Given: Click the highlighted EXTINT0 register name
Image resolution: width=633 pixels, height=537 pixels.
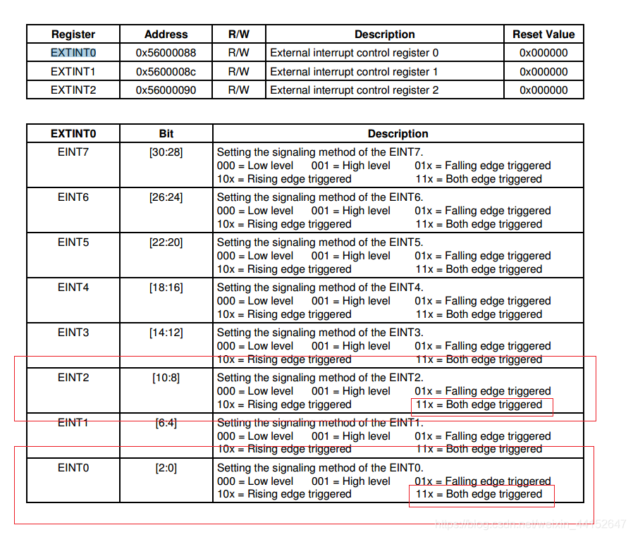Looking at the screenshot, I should (x=73, y=53).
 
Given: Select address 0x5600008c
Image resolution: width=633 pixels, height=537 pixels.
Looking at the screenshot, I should (x=166, y=71).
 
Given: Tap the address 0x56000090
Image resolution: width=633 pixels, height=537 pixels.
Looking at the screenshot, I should (x=166, y=90).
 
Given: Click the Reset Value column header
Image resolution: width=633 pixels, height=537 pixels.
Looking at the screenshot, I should (x=543, y=34).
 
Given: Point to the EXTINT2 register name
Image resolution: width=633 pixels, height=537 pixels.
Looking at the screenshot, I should (x=73, y=90).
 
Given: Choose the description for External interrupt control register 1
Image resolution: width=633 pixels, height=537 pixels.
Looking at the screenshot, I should (x=354, y=71).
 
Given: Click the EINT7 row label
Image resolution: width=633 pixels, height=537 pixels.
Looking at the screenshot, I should (x=73, y=152).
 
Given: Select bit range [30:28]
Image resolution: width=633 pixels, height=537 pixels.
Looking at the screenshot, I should (x=166, y=152).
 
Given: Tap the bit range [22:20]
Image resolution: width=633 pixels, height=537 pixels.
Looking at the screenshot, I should (x=166, y=242).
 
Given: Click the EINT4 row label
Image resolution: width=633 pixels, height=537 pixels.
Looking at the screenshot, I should (x=73, y=287).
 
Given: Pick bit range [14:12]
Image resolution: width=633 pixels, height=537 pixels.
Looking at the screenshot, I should (x=166, y=332).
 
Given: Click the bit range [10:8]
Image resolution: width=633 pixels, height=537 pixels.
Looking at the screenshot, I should (x=166, y=377).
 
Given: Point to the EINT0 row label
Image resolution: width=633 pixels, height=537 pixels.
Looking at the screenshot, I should (x=73, y=467).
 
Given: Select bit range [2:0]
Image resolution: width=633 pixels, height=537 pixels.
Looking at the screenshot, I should (x=166, y=467).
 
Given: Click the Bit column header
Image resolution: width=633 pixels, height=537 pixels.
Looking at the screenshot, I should (x=166, y=133).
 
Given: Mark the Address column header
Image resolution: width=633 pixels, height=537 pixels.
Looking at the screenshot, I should (x=166, y=34).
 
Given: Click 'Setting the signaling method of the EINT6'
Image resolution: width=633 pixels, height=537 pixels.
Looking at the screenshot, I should (x=319, y=197).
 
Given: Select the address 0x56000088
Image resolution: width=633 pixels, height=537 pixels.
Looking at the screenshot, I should (x=166, y=53).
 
